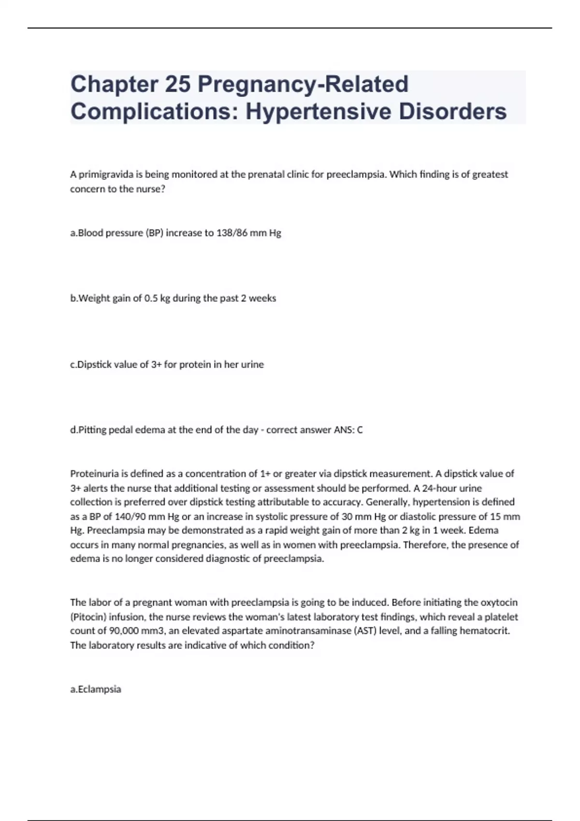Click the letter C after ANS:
pyautogui.click(x=360, y=430)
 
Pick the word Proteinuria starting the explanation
pyautogui.click(x=94, y=473)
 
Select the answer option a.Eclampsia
pyautogui.click(x=96, y=689)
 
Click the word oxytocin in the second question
pyautogui.click(x=499, y=603)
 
